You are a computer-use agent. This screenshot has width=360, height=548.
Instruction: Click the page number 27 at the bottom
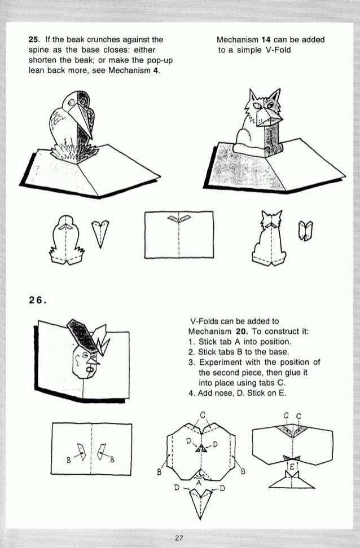pyautogui.click(x=179, y=538)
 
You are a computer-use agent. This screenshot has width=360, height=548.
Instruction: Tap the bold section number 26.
pyautogui.click(x=37, y=299)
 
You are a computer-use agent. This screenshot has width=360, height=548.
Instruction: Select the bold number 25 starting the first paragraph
pyautogui.click(x=33, y=40)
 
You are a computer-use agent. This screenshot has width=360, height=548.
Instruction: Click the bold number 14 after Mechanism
pyautogui.click(x=264, y=40)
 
